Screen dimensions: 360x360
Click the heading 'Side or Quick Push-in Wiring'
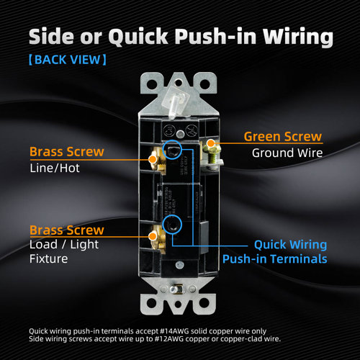(x=180, y=37)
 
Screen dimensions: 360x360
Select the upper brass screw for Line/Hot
(x=153, y=160)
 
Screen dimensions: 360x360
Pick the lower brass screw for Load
(x=153, y=234)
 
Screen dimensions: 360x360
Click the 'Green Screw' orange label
(x=282, y=136)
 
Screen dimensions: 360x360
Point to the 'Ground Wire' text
(x=282, y=153)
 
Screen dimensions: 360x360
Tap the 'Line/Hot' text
(x=55, y=168)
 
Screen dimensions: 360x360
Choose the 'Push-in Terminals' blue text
(x=274, y=259)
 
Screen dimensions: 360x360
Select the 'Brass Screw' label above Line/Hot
(x=66, y=152)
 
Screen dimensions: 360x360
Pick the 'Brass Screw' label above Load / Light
(x=66, y=230)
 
